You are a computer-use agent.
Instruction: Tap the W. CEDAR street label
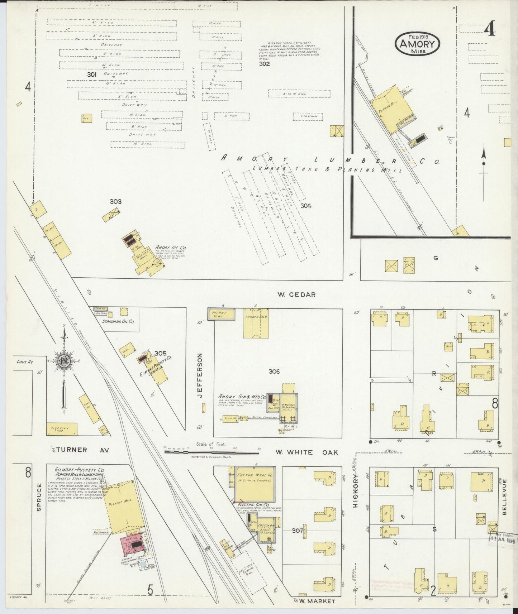(296, 294)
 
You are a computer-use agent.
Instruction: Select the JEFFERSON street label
(200, 375)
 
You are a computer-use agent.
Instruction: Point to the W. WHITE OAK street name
(306, 452)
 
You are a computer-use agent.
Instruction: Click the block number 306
(274, 372)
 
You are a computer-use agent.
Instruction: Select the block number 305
(161, 353)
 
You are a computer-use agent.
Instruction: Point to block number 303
(115, 202)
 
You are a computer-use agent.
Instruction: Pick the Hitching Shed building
(62, 429)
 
